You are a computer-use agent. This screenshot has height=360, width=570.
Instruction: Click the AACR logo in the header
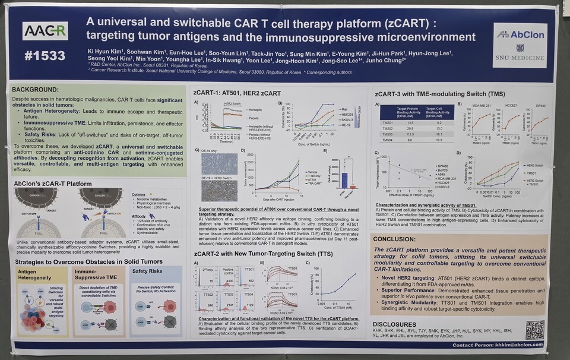[45, 31]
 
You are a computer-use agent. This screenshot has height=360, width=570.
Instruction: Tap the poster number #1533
[45, 56]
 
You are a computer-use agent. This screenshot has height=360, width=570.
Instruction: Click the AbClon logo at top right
[520, 35]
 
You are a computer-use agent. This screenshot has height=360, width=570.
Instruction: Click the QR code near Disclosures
[534, 329]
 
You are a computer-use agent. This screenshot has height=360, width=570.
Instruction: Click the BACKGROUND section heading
[37, 89]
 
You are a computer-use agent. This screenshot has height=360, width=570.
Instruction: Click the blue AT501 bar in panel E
[343, 180]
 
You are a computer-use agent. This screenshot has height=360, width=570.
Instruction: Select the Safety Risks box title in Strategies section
[147, 271]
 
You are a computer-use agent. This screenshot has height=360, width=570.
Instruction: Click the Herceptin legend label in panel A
[255, 110]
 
